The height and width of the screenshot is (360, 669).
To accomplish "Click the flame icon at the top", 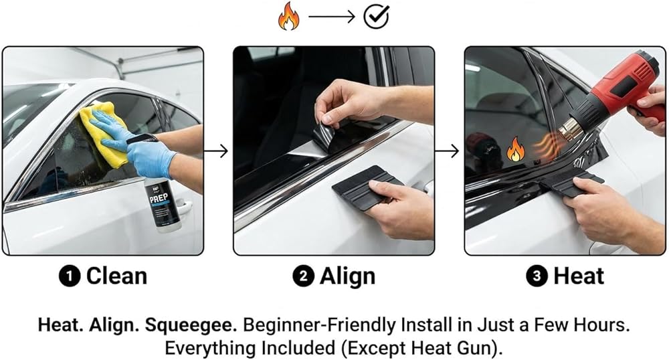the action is click(288, 16).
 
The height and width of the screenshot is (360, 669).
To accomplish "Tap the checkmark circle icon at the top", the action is click(376, 17).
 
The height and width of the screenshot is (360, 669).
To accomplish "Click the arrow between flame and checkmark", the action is click(332, 17).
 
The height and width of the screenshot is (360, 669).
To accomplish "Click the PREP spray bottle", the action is click(163, 204).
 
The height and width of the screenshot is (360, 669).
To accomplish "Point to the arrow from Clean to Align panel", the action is click(216, 151).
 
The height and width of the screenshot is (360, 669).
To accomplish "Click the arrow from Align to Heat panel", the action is click(447, 151).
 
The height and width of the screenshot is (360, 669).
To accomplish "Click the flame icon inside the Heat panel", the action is click(515, 149).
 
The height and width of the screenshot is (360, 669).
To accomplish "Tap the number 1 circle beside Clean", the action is click(70, 276).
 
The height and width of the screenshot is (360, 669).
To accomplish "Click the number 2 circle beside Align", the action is click(303, 276).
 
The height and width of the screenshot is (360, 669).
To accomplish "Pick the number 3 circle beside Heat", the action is click(537, 276).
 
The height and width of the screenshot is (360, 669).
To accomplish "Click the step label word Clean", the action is click(116, 276).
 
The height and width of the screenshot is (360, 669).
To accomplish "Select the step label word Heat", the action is click(579, 276).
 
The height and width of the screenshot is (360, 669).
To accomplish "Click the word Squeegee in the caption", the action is click(191, 326).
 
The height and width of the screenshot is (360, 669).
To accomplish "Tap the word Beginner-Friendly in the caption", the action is click(320, 325).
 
